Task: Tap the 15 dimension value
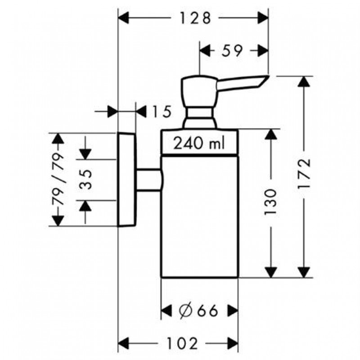click(161, 111)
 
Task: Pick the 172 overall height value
click(305, 175)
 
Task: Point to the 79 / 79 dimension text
click(58, 179)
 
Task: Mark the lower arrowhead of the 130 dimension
click(271, 272)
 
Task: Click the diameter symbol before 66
click(184, 310)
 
